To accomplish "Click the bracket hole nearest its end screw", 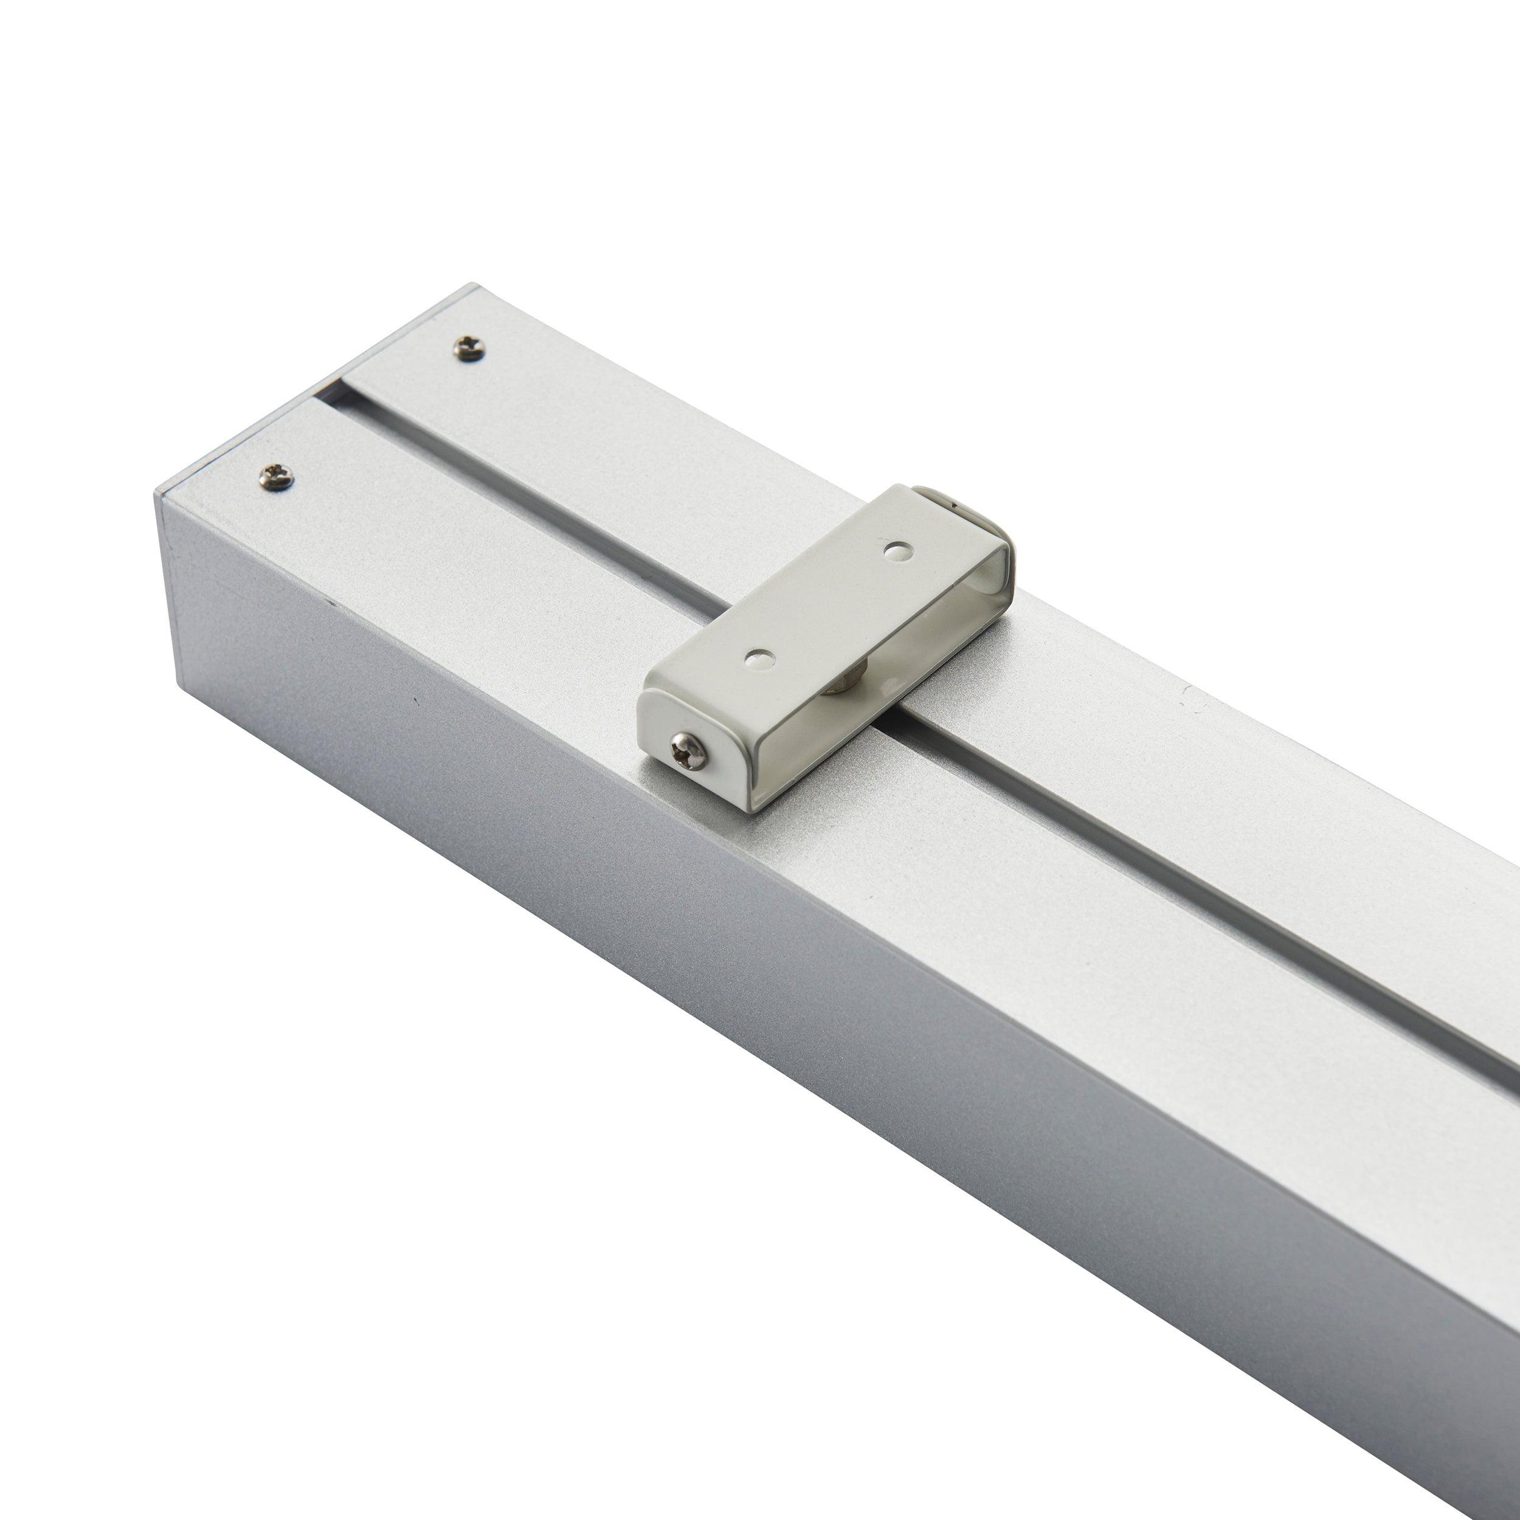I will pyautogui.click(x=758, y=657).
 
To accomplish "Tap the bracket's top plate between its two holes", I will pyautogui.click(x=826, y=602).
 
